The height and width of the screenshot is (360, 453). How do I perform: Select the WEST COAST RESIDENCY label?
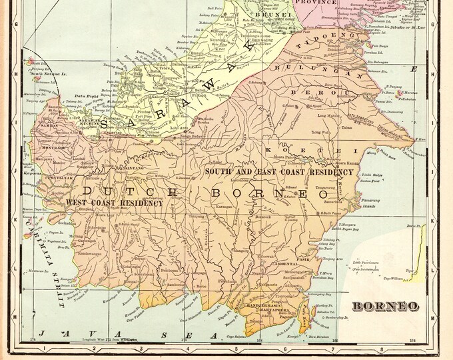(x=114, y=202)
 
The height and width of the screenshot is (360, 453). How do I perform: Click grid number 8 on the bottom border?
(x=381, y=347)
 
